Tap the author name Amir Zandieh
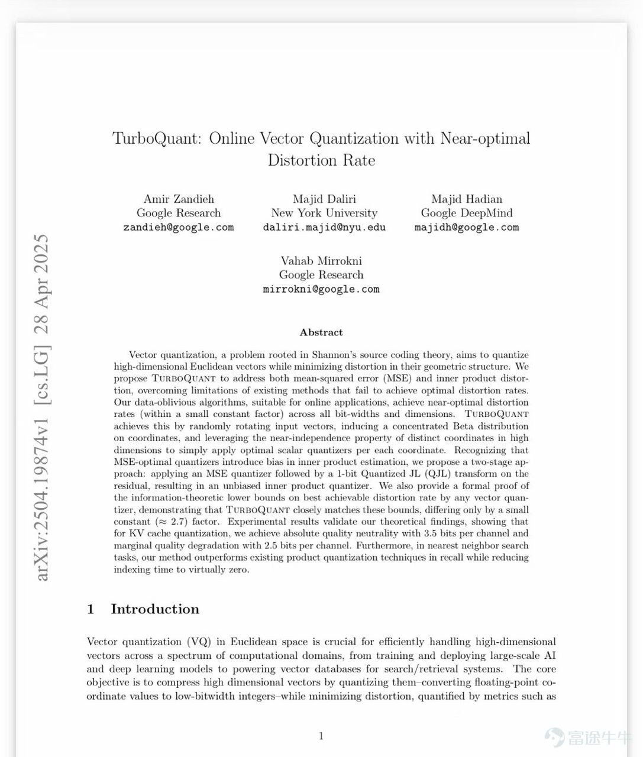(179, 199)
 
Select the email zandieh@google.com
(179, 227)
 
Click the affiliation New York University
(324, 213)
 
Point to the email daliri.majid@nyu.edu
(324, 227)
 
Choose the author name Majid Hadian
(467, 199)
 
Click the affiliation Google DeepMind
(467, 213)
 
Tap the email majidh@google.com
(467, 227)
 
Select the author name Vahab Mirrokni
(321, 261)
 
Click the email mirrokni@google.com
(321, 289)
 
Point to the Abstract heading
(321, 332)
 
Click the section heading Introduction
(155, 609)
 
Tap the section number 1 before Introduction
(91, 609)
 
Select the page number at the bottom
(321, 736)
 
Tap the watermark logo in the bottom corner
(554, 737)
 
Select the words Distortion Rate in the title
(321, 160)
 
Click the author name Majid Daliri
(324, 199)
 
